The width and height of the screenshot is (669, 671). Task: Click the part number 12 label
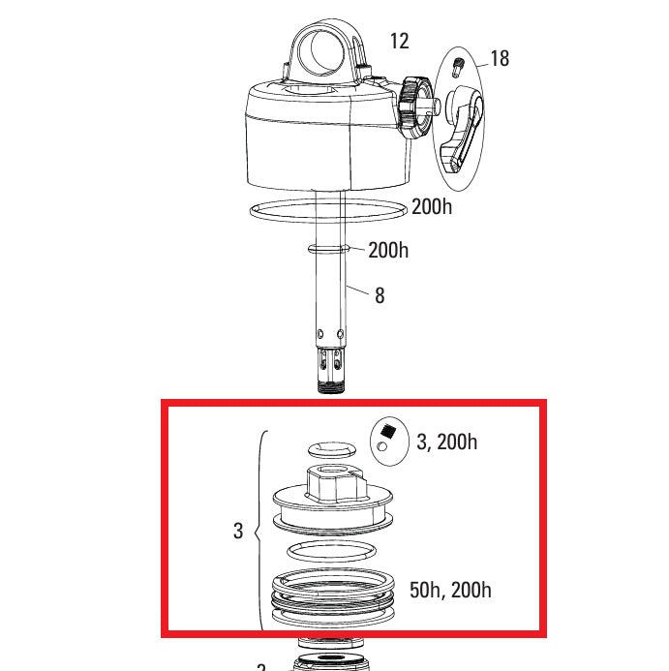[x=399, y=41]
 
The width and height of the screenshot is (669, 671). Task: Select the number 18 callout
[x=500, y=59]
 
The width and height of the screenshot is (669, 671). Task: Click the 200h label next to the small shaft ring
[x=388, y=251]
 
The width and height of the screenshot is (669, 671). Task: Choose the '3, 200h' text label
[x=446, y=442]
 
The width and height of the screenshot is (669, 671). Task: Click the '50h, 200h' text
[x=450, y=590]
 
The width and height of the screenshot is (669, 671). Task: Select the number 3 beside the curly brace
[x=238, y=531]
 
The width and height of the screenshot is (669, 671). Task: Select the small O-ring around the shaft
[x=329, y=250]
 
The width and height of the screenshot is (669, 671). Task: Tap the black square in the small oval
[x=389, y=432]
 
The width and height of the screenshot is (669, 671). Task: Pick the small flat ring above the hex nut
[x=332, y=449]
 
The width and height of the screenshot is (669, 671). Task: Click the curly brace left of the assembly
[x=259, y=531]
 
